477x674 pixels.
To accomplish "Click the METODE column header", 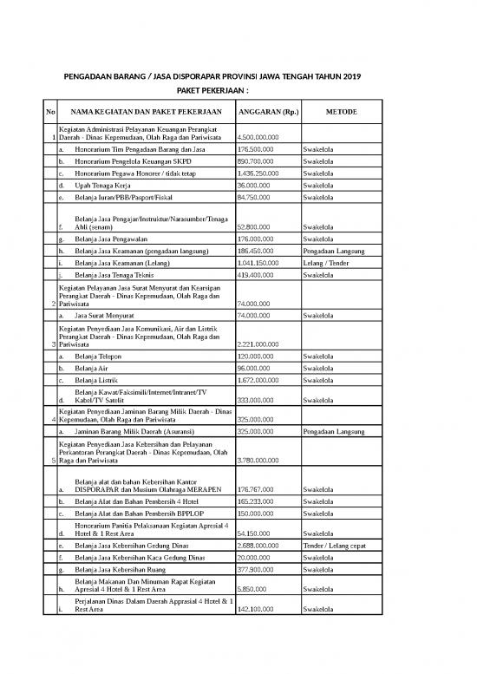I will coord(342,113).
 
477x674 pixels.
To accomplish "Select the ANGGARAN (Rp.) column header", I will coord(268,113).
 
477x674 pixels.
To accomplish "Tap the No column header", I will coord(50,113).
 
